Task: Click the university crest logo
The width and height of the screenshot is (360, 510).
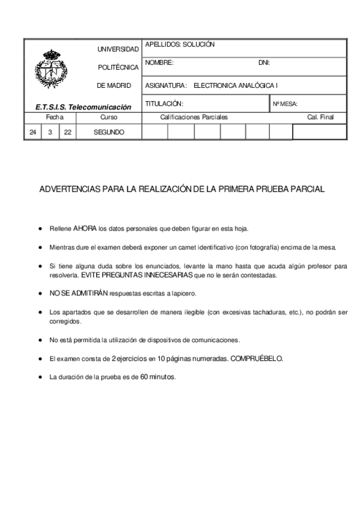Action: [53, 71]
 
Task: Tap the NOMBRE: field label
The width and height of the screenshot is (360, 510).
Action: [159, 63]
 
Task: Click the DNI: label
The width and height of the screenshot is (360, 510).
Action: [263, 63]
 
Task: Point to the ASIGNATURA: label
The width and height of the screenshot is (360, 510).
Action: [166, 85]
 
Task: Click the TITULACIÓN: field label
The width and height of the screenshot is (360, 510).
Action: [164, 103]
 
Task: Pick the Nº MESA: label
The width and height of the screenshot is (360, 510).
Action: [285, 104]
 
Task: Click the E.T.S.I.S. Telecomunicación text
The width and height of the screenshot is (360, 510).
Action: [83, 107]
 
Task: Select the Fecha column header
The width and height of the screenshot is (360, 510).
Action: [54, 117]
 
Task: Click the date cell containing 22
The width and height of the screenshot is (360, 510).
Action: [67, 132]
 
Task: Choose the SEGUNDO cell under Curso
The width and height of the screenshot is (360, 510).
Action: [109, 132]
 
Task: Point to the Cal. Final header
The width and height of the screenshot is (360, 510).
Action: [320, 117]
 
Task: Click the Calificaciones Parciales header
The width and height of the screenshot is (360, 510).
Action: [194, 117]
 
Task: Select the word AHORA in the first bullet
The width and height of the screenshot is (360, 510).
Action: [85, 229]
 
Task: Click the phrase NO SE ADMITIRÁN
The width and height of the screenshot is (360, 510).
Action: [79, 293]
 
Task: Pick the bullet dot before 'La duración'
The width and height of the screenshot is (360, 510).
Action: [40, 377]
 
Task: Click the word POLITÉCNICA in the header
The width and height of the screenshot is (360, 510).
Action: [118, 67]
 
